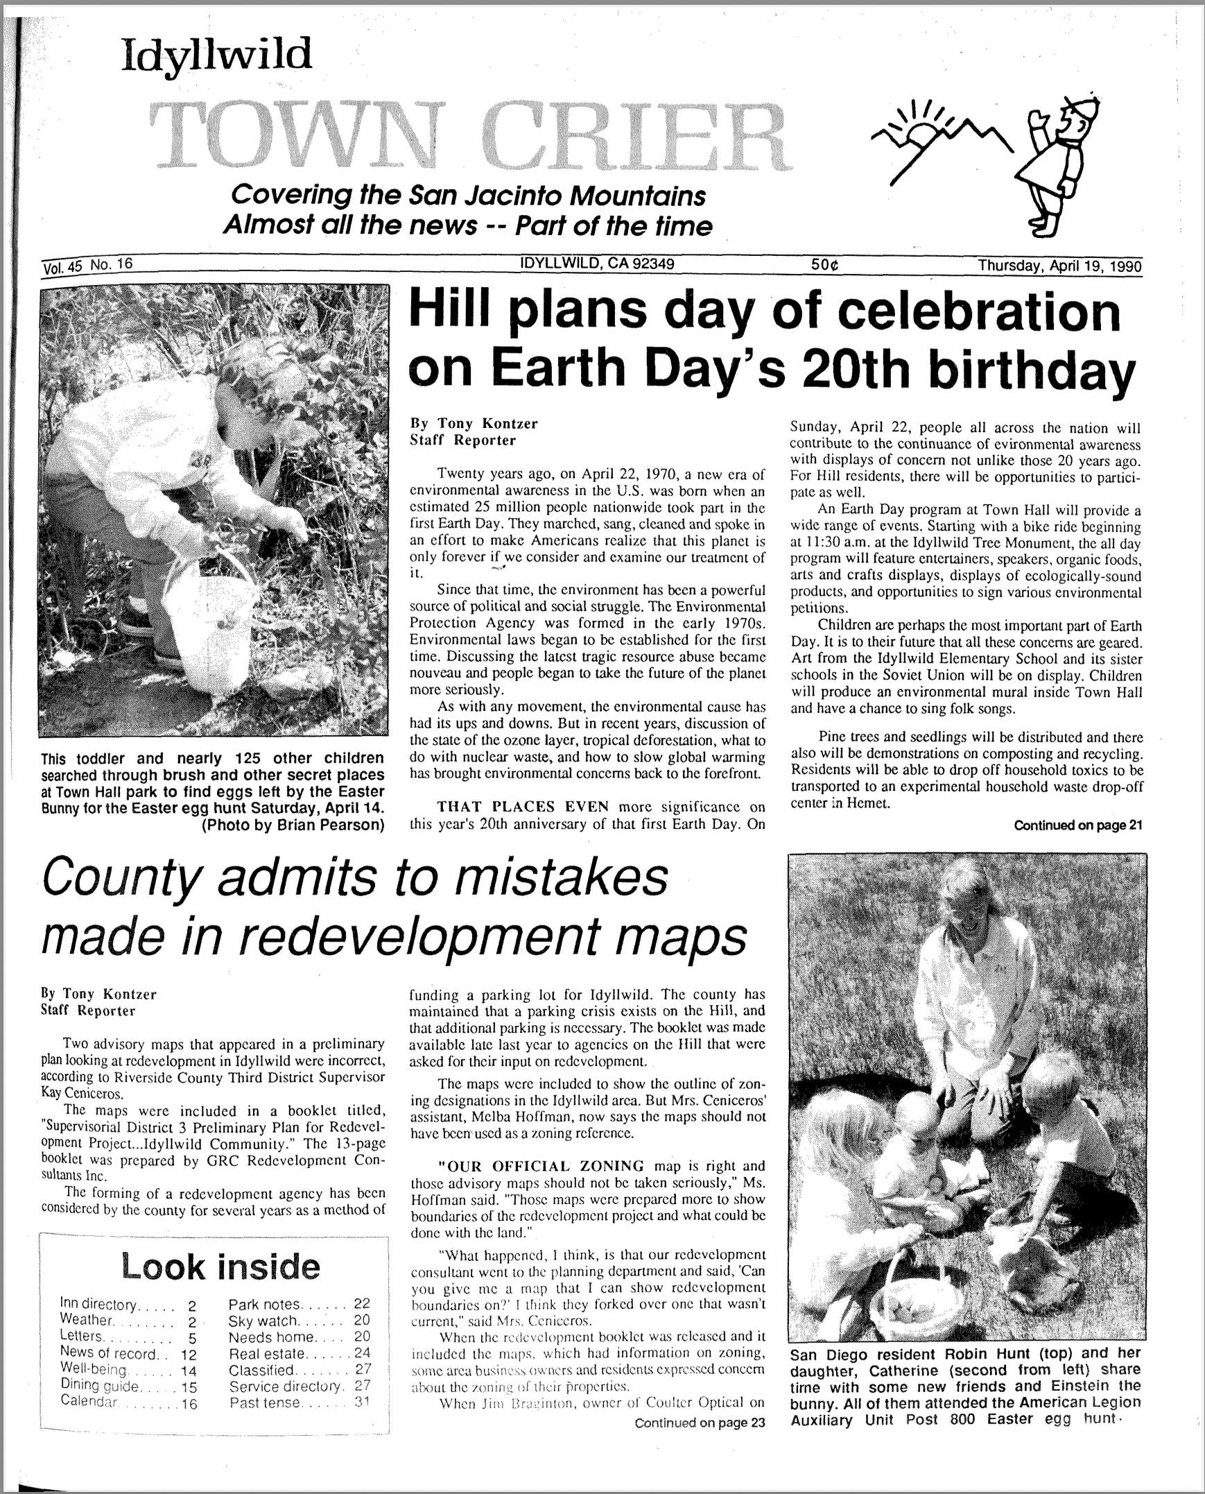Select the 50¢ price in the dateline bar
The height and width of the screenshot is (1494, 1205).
tap(825, 265)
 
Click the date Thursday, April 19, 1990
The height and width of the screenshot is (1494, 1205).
tap(1059, 266)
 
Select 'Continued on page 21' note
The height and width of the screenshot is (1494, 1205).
tap(1077, 825)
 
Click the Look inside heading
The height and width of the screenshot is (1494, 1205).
tap(220, 1267)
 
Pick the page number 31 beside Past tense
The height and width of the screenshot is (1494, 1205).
tap(362, 1402)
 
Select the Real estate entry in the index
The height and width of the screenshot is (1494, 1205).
tap(267, 1353)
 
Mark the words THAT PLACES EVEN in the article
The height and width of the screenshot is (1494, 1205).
tap(522, 807)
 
